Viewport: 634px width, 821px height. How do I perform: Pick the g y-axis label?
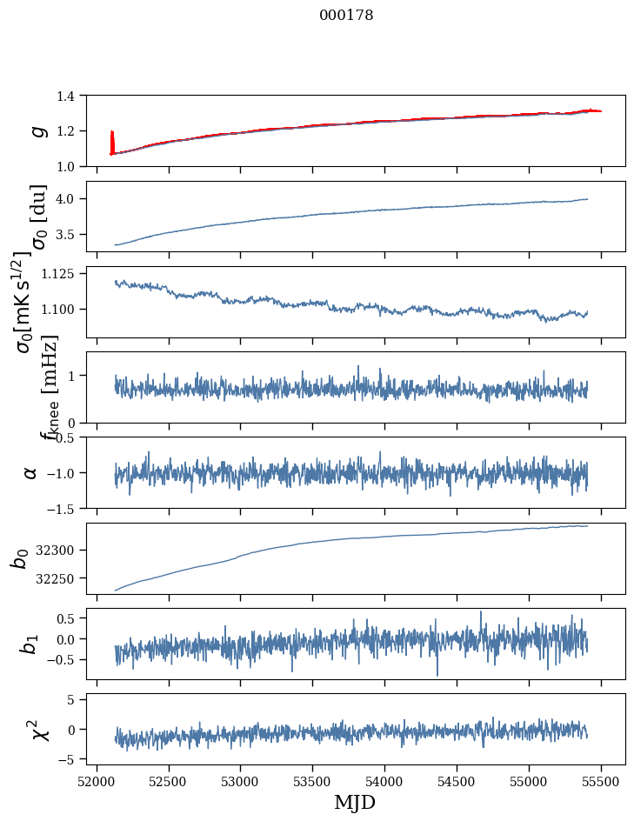(37, 130)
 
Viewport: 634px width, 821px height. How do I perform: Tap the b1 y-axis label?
(30, 644)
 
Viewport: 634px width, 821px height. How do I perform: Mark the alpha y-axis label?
(30, 472)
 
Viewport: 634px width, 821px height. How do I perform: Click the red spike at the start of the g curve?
(112, 139)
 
